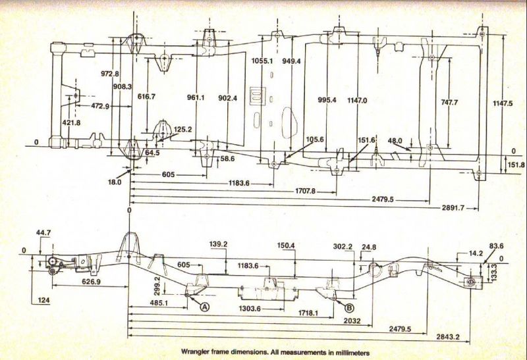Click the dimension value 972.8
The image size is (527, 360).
pyautogui.click(x=109, y=74)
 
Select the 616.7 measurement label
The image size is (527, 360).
pyautogui.click(x=146, y=97)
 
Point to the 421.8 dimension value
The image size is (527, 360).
pyautogui.click(x=71, y=123)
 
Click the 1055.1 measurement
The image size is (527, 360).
pyautogui.click(x=262, y=61)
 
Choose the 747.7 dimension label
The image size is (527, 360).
pyautogui.click(x=449, y=103)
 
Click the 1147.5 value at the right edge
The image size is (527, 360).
pyautogui.click(x=503, y=103)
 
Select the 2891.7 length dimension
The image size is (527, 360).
pyautogui.click(x=453, y=208)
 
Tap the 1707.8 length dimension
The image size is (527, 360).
pyautogui.click(x=305, y=191)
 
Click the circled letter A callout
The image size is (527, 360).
pyautogui.click(x=205, y=306)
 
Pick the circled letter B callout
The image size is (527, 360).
pyautogui.click(x=349, y=307)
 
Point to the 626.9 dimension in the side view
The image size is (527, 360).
pyautogui.click(x=91, y=282)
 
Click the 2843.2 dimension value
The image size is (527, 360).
pyautogui.click(x=448, y=336)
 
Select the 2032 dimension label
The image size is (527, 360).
pyautogui.click(x=352, y=321)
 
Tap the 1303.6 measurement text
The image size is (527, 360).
pyautogui.click(x=250, y=308)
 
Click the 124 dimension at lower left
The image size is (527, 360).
pyautogui.click(x=43, y=299)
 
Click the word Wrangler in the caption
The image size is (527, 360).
pyautogui.click(x=194, y=353)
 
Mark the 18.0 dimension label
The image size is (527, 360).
pyautogui.click(x=115, y=182)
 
